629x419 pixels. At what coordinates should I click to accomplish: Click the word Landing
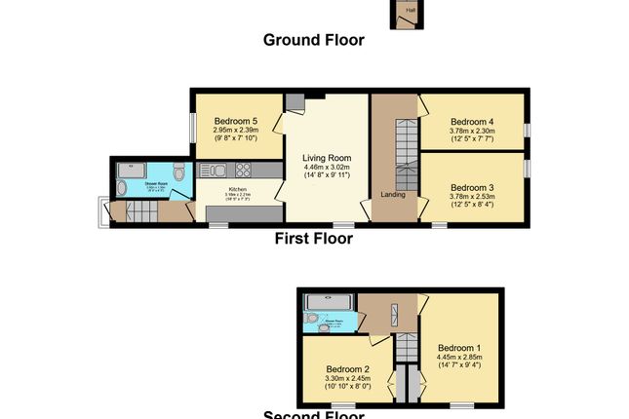pyautogui.click(x=393, y=192)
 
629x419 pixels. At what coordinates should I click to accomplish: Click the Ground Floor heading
pyautogui.click(x=314, y=40)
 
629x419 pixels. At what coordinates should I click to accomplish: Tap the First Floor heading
pyautogui.click(x=314, y=238)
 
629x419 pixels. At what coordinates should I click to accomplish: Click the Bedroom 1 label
pyautogui.click(x=458, y=348)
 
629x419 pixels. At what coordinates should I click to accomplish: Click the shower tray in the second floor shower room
pyautogui.click(x=329, y=302)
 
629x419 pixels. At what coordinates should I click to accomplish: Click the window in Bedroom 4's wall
pyautogui.click(x=527, y=129)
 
